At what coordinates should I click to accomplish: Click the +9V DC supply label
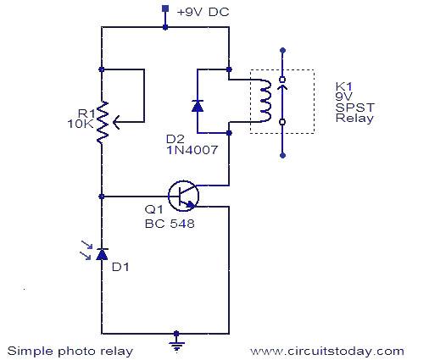[x=203, y=13]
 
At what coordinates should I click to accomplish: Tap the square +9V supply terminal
[x=165, y=8]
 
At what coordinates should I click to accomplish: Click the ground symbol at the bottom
[x=176, y=342]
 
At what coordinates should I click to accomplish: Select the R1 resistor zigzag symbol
[x=103, y=122]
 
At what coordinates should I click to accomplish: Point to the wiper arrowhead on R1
[x=116, y=122]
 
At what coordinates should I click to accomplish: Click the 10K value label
[x=81, y=124]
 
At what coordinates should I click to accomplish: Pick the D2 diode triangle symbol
[x=198, y=106]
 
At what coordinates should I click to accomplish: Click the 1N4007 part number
[x=192, y=150]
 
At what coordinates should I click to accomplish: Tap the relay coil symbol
[x=265, y=101]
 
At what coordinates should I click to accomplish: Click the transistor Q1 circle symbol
[x=183, y=196]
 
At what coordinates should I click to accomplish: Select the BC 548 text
[x=170, y=224]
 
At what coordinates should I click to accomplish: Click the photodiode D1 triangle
[x=102, y=254]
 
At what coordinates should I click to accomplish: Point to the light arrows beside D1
[x=86, y=250]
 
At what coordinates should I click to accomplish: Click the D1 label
[x=120, y=267]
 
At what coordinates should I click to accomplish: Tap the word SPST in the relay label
[x=355, y=108]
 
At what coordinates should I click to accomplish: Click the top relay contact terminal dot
[x=282, y=51]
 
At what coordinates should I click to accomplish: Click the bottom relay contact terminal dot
[x=282, y=155]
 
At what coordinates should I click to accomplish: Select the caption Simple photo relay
[x=70, y=352]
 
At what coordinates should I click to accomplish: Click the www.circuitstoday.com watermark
[x=327, y=352]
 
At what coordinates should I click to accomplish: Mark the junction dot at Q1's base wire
[x=102, y=197]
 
